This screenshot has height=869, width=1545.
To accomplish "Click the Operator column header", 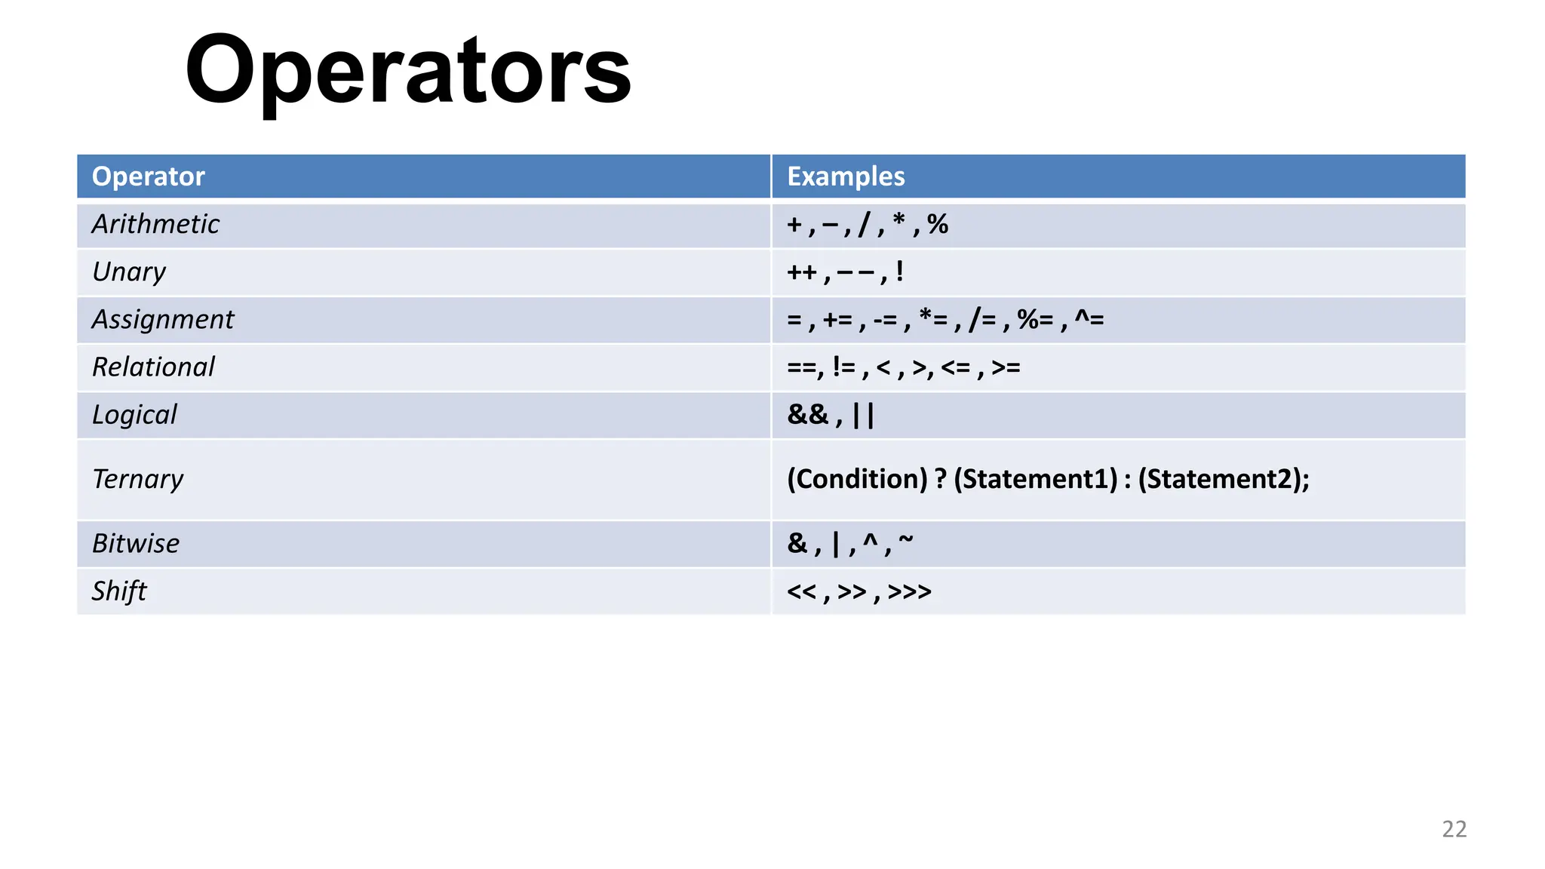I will click(148, 177).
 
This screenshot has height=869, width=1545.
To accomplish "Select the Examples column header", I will click(846, 177).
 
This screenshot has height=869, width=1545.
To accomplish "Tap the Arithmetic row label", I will click(155, 224).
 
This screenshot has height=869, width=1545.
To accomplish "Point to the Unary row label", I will click(128, 272).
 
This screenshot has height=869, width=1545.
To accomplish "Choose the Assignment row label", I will click(163, 319).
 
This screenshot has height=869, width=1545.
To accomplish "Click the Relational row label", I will click(153, 367).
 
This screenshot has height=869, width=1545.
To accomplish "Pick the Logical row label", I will click(134, 414).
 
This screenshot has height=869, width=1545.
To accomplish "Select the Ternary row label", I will click(137, 479).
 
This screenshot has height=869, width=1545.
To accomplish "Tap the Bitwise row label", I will click(136, 543).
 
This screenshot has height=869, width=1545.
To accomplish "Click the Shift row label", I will click(119, 591).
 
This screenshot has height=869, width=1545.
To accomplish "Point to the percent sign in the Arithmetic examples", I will click(938, 224).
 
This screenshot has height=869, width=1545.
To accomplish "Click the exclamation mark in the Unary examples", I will click(899, 272).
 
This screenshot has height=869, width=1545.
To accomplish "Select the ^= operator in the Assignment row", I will click(1089, 319).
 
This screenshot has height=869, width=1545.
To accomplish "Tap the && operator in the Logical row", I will click(807, 414).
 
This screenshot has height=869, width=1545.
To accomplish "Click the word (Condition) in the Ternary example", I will click(857, 479).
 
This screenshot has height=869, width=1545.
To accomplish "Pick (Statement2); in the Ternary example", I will click(1224, 479).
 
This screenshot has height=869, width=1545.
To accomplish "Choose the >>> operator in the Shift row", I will click(910, 591).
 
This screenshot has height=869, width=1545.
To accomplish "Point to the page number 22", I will click(1454, 829).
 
